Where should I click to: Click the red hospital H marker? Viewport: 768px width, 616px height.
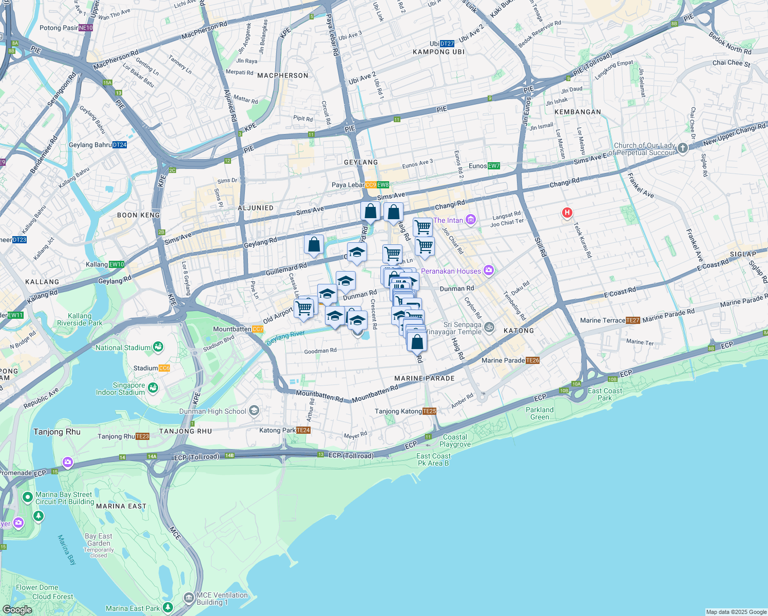[x=567, y=213]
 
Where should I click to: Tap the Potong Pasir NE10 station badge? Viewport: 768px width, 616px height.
[x=86, y=28]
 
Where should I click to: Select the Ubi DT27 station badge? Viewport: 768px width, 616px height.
[x=447, y=44]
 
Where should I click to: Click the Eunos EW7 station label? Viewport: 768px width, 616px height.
[x=493, y=166]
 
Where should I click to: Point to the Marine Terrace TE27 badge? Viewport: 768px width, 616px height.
[x=633, y=320]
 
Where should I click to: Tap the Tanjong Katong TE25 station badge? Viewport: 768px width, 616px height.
[x=429, y=411]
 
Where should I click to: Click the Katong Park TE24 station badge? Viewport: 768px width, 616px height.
[x=303, y=430]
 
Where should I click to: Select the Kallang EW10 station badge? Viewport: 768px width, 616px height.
[x=117, y=264]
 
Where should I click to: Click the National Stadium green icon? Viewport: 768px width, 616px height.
[x=158, y=348]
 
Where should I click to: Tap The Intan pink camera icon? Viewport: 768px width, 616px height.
[x=471, y=220]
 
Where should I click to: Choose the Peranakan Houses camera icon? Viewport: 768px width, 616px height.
[x=488, y=271]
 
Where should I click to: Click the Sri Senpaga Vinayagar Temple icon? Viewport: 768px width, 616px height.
[x=489, y=327]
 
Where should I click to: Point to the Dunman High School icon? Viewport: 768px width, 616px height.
[x=254, y=411]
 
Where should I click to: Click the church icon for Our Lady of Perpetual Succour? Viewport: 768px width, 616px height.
[x=682, y=148]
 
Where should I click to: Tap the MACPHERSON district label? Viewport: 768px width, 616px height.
[x=283, y=75]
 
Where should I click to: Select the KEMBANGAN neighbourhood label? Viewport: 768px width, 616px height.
[x=578, y=112]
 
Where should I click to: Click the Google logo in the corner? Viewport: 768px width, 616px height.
[x=17, y=609]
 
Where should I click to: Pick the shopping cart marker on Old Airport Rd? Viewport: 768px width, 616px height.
[x=304, y=309]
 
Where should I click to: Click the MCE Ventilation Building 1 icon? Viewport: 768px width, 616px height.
[x=189, y=598]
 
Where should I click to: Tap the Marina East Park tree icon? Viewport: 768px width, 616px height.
[x=168, y=608]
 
